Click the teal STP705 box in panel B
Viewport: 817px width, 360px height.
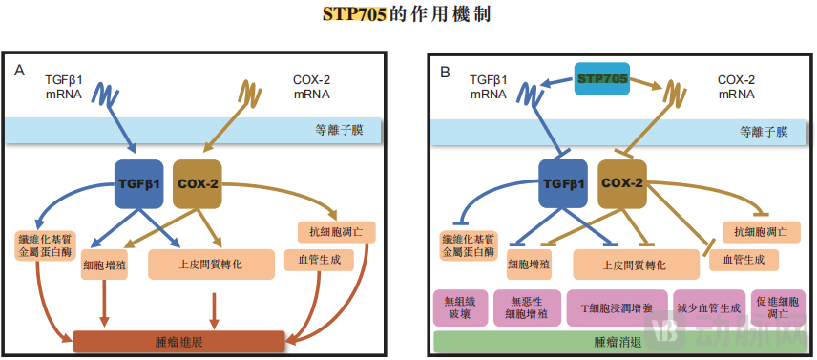pos(601,79)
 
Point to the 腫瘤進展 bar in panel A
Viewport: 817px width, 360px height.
pos(179,341)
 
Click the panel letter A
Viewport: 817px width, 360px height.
pos(20,71)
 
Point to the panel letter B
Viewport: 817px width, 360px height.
pos(445,71)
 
